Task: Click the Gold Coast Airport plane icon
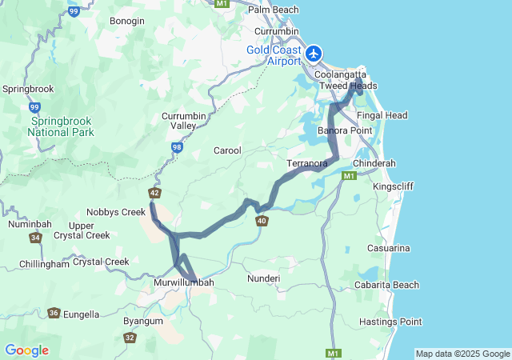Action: [x=314, y=54]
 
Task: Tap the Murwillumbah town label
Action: [x=184, y=283]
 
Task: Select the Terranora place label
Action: [x=307, y=164]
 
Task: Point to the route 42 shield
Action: [x=154, y=193]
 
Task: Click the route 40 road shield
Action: [x=262, y=221]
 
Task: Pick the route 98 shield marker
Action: [x=176, y=147]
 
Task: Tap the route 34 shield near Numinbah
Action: [x=35, y=238]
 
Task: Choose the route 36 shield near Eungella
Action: [x=54, y=314]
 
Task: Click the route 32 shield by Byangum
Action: [x=130, y=338]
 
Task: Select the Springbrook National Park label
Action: [x=62, y=126]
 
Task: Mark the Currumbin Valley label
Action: [x=185, y=121]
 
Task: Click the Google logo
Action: [x=26, y=350]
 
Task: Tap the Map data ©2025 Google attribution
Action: [x=462, y=354]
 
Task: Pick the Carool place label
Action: [x=227, y=150]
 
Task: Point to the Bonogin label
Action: [x=127, y=20]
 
